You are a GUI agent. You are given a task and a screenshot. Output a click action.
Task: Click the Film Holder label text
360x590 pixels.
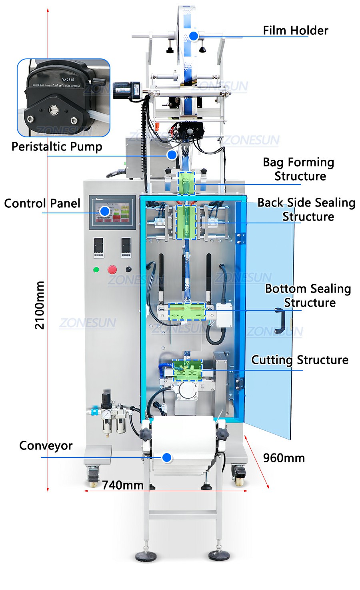[x=295, y=30]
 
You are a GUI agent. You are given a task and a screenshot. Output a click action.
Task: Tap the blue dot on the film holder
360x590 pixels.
[x=194, y=36]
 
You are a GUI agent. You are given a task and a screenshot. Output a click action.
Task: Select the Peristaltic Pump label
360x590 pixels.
[x=56, y=146]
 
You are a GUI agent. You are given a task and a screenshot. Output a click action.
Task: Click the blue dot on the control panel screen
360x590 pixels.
[x=105, y=211]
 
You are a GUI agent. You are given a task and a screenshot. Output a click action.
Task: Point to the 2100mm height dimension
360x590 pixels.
[x=40, y=305]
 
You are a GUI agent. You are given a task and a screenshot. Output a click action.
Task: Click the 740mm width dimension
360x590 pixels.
[x=122, y=485]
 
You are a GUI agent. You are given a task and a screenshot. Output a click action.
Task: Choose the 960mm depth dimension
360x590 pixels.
[x=284, y=458]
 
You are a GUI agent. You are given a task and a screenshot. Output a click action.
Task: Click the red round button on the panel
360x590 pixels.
[x=112, y=269]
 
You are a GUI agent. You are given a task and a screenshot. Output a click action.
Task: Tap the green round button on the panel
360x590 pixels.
[x=96, y=269]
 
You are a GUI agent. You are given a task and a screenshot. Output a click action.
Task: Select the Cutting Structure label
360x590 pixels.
[x=300, y=360]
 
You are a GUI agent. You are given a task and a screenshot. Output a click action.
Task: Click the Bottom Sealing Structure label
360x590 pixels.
[x=308, y=295]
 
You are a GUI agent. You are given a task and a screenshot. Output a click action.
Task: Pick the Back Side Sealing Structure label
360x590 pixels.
[x=306, y=209]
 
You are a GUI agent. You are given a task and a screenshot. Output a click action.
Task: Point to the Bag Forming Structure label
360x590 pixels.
[x=299, y=169]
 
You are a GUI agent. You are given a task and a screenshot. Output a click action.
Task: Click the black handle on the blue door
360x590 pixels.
[x=279, y=321]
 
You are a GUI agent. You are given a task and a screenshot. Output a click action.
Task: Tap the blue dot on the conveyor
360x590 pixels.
[x=167, y=457]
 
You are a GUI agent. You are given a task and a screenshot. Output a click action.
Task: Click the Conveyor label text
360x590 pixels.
[x=46, y=446]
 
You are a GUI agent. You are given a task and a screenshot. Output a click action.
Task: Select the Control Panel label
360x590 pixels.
[x=42, y=203]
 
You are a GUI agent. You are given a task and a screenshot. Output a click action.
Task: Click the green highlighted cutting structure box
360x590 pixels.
[x=187, y=370]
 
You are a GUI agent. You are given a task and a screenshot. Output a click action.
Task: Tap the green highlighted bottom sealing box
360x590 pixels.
[x=187, y=311]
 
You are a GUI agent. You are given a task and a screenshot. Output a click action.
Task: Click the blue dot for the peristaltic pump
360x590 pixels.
[x=172, y=155]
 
